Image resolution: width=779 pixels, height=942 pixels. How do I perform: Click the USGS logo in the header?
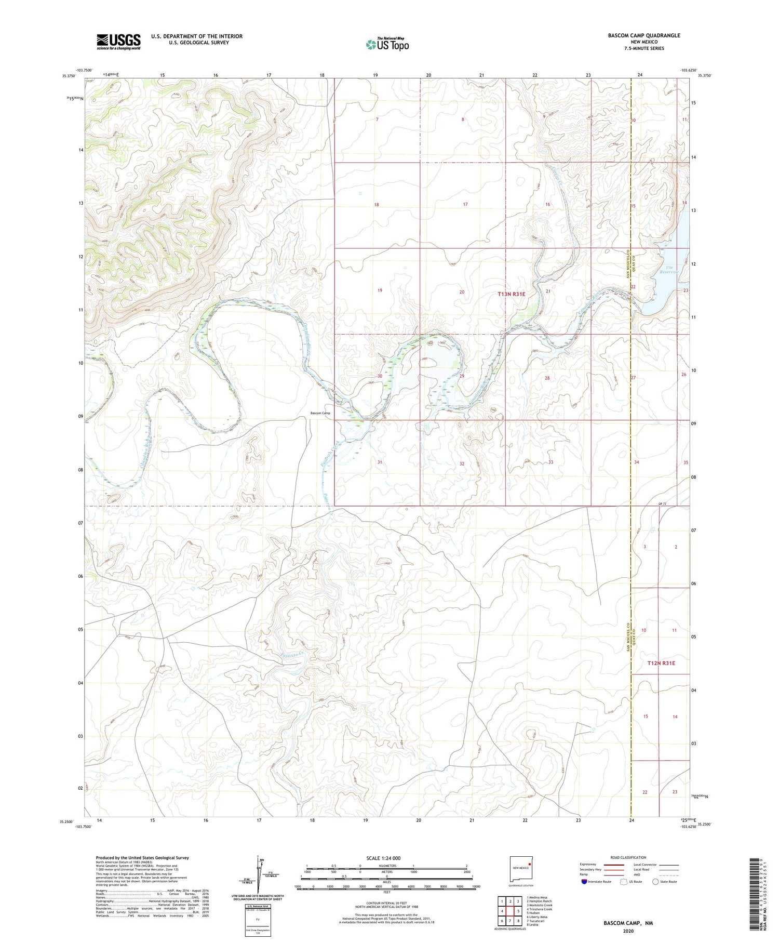click(x=118, y=42)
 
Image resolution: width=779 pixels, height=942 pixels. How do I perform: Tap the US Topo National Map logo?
click(x=387, y=44)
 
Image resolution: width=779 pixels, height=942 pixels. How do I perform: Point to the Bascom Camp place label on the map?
click(x=320, y=413)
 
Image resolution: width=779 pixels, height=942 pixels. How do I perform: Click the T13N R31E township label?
click(x=512, y=294)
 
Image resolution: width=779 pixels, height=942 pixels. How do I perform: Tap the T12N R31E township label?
click(x=661, y=663)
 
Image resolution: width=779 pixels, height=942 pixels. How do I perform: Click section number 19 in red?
click(x=380, y=290)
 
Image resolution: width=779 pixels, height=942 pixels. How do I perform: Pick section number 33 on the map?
click(x=550, y=462)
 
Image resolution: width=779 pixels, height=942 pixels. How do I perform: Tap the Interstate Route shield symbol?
click(x=584, y=882)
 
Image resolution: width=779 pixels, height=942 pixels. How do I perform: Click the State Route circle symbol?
click(x=655, y=882)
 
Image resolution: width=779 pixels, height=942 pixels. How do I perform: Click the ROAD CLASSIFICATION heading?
click(x=628, y=857)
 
